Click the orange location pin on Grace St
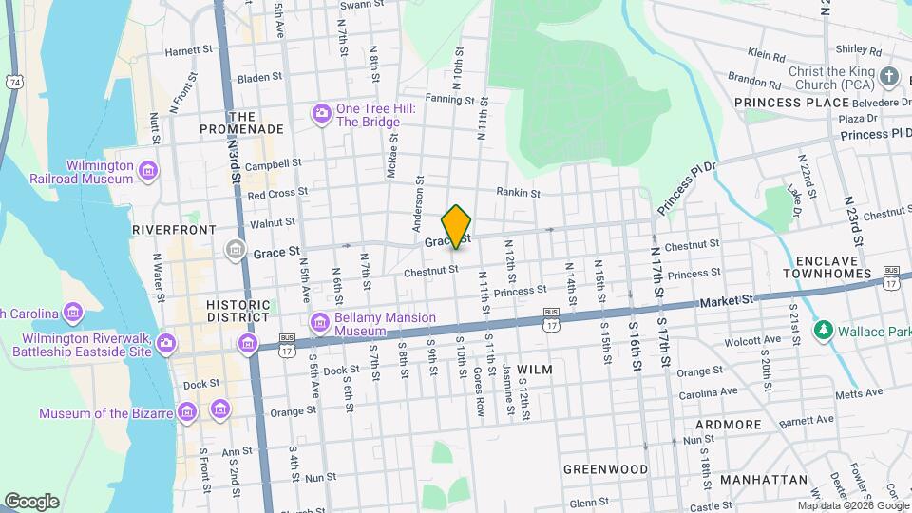point(457,226)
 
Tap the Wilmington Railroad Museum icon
point(147,171)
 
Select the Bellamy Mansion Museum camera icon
point(320,324)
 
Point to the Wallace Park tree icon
point(823,331)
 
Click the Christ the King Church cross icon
point(889,77)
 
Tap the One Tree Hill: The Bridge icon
point(322,115)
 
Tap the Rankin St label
point(518,192)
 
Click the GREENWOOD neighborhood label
point(605,469)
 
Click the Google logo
point(31,501)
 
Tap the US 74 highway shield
point(13,83)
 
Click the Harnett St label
point(188,51)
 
